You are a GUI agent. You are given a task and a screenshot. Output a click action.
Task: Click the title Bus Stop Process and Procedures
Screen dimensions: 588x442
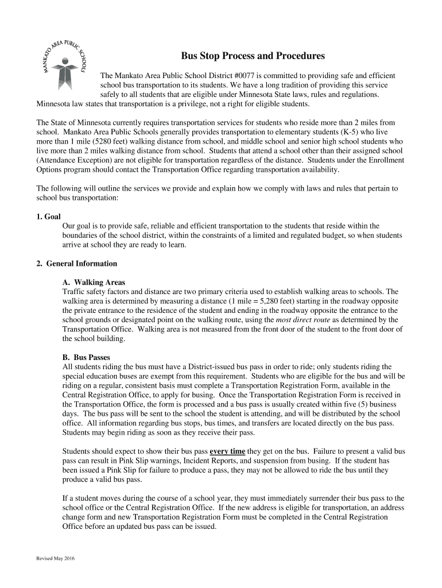pyautogui.click(x=253, y=56)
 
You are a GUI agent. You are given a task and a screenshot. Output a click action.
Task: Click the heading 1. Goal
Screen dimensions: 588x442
pyautogui.click(x=45, y=217)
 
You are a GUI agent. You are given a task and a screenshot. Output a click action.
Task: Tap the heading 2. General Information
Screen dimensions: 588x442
pyautogui.click(x=77, y=264)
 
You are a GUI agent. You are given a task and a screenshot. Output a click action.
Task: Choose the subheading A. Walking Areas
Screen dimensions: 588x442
pyautogui.click(x=94, y=283)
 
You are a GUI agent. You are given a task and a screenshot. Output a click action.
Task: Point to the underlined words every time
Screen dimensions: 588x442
pyautogui.click(x=228, y=451)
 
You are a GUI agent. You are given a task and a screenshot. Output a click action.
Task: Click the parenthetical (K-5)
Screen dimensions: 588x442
pyautogui.click(x=359, y=132)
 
